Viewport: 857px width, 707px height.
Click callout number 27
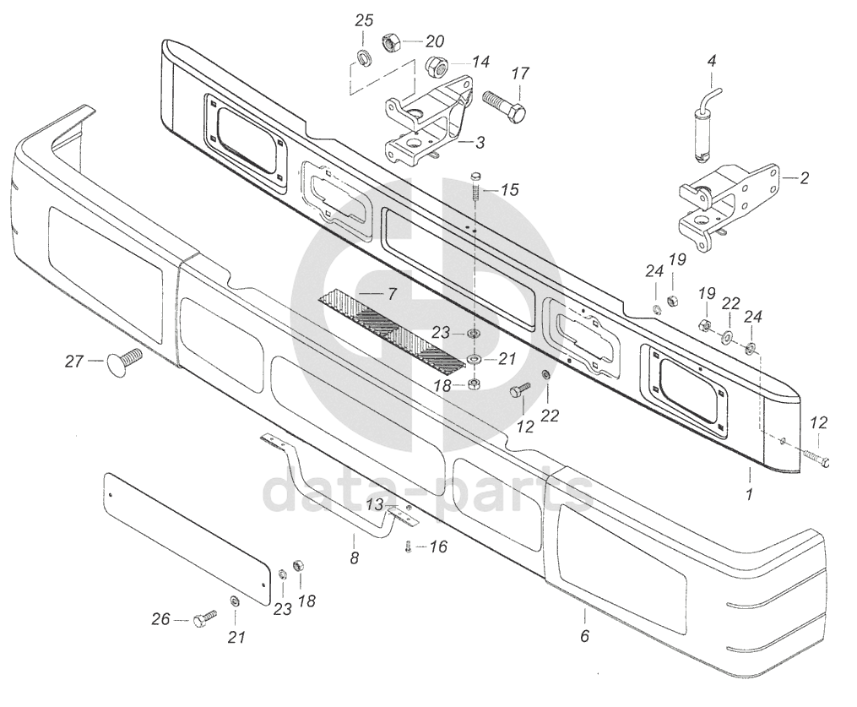74,362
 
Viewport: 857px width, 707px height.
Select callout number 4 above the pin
711,61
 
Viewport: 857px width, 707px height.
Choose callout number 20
435,41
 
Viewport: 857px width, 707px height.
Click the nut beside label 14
436,64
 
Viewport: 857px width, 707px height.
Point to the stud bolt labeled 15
475,187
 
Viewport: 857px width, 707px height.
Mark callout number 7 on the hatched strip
391,294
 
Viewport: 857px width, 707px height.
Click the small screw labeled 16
409,547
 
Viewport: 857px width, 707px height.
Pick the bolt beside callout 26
203,620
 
